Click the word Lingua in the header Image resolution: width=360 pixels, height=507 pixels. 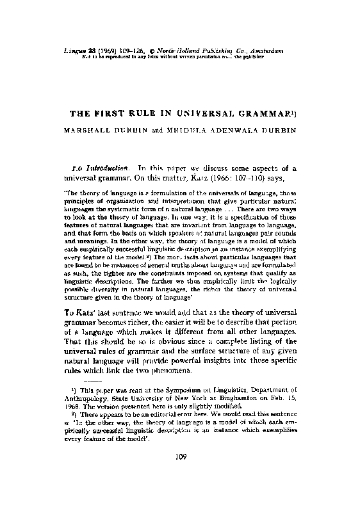pyautogui.click(x=80, y=49)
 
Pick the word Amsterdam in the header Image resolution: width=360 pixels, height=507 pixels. pyautogui.click(x=263, y=49)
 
